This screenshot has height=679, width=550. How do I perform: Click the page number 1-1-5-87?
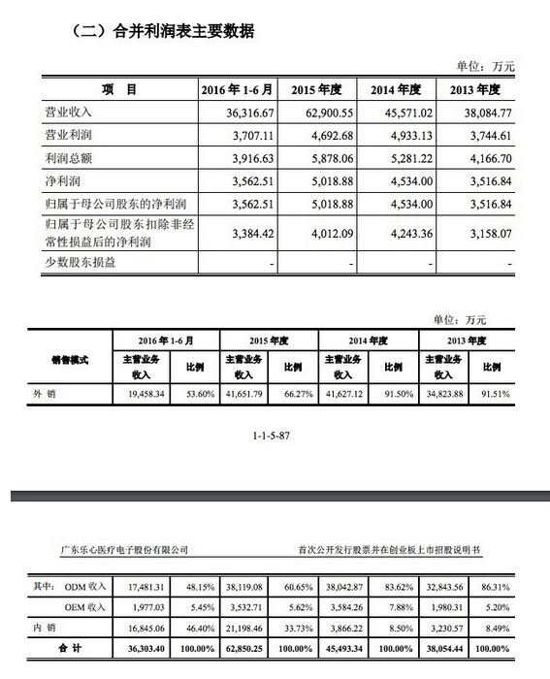(275, 435)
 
